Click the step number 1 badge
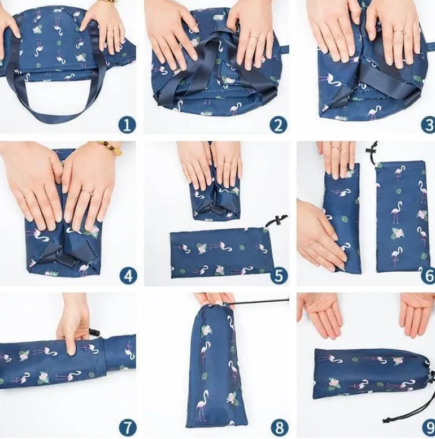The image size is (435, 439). [127, 124]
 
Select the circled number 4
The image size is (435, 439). [128, 276]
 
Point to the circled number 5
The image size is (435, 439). [279, 275]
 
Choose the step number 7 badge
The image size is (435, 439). [128, 428]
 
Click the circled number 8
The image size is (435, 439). [279, 428]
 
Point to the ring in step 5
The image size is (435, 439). [228, 162]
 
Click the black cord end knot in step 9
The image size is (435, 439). [388, 420]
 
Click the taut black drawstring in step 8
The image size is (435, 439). [261, 301]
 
